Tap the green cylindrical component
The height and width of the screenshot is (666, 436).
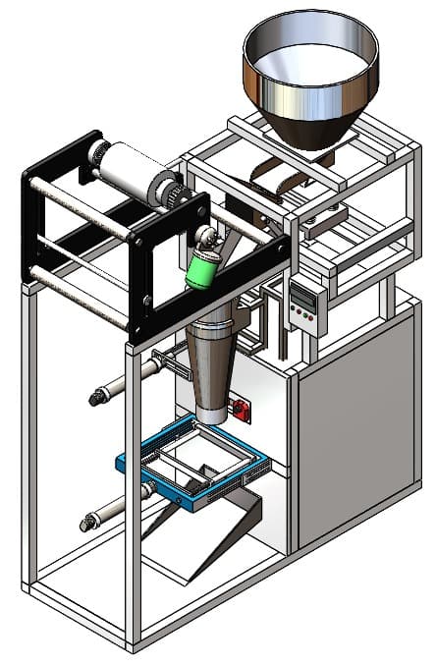point(203,267)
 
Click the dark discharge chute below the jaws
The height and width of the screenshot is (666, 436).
point(221,535)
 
